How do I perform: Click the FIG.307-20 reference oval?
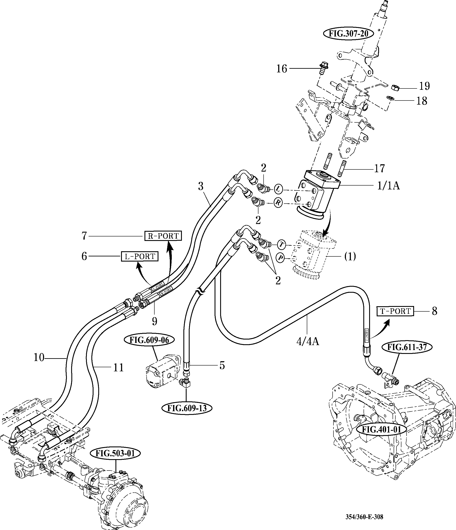[348, 34]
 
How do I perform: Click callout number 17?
[379, 168]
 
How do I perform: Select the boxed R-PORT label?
[163, 236]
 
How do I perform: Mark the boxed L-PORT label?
[140, 256]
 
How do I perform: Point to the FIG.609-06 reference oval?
[149, 340]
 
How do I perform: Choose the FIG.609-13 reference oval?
[187, 408]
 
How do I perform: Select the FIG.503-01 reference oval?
[115, 454]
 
